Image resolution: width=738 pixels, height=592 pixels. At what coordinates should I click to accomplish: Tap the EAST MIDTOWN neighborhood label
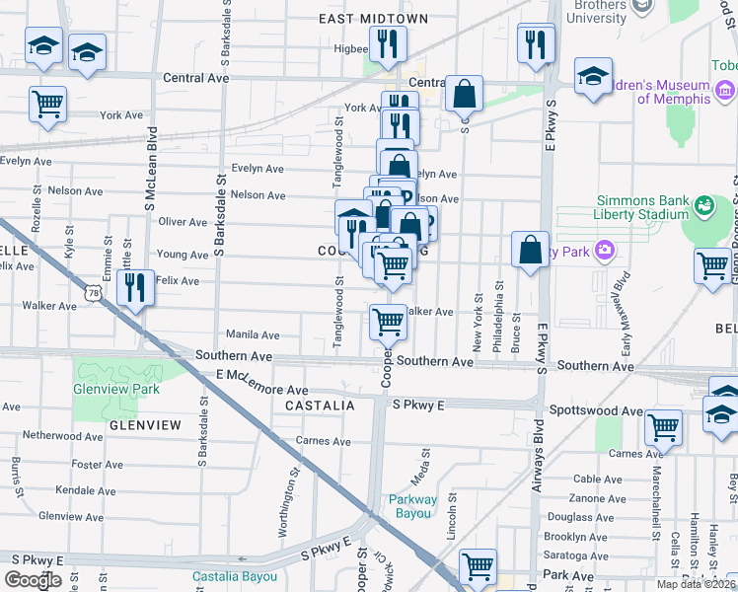pyautogui.click(x=373, y=19)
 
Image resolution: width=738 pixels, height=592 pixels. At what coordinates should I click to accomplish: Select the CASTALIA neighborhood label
pyautogui.click(x=320, y=406)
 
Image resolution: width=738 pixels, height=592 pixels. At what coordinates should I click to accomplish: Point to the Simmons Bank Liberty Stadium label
pyautogui.click(x=641, y=207)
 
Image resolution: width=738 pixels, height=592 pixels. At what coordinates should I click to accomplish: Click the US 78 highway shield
pyautogui.click(x=92, y=293)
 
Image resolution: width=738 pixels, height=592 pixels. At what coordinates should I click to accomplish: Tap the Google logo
pyautogui.click(x=33, y=579)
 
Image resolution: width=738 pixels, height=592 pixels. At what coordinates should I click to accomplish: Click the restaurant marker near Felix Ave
pyautogui.click(x=132, y=287)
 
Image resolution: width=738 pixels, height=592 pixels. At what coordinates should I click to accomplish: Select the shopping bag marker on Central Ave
pyautogui.click(x=464, y=95)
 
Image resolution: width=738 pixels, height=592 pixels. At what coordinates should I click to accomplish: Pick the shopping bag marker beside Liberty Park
pyautogui.click(x=531, y=249)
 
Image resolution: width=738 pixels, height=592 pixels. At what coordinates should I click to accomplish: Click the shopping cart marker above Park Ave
pyautogui.click(x=478, y=566)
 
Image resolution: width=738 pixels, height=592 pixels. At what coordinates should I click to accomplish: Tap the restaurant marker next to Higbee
pyautogui.click(x=387, y=42)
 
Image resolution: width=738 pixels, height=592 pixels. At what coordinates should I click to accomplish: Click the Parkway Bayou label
pyautogui.click(x=410, y=506)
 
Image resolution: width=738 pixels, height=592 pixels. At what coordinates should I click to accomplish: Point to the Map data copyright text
pyautogui.click(x=697, y=584)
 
